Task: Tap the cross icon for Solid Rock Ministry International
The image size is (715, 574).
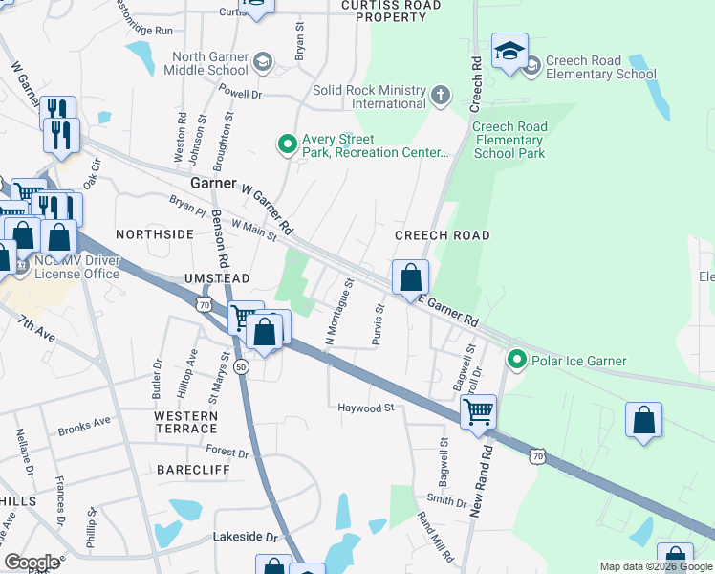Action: click(440, 95)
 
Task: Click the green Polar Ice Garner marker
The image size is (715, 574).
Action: click(517, 361)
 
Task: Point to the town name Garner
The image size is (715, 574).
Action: click(212, 182)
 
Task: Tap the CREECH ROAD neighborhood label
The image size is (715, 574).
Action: click(443, 235)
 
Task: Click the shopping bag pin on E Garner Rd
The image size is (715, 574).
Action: click(410, 277)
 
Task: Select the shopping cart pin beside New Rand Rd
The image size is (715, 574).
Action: click(478, 412)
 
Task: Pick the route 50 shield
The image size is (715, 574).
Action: click(240, 367)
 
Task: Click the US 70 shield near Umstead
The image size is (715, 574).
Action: click(202, 303)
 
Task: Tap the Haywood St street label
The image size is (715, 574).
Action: click(366, 408)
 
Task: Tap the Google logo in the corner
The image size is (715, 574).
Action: click(32, 563)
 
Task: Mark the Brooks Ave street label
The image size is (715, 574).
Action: click(84, 421)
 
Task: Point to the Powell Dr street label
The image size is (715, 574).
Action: click(240, 94)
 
